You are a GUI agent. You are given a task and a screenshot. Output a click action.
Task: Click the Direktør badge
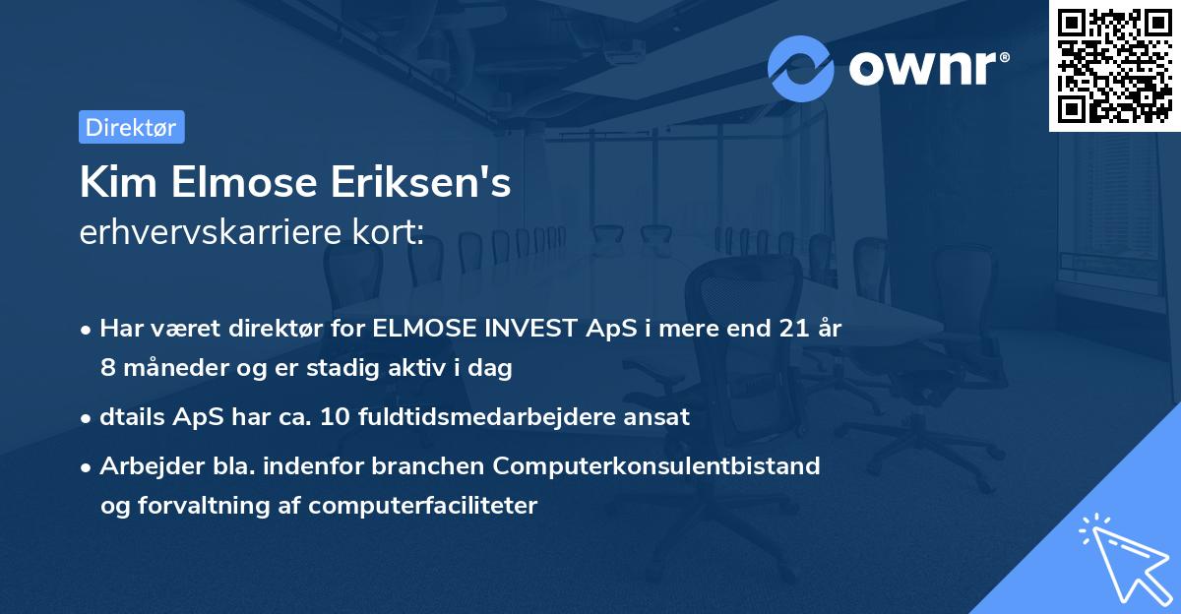131,127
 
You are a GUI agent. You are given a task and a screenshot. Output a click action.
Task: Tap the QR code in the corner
1114,65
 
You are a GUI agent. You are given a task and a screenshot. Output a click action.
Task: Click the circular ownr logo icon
801,68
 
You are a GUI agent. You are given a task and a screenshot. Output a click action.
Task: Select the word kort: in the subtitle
391,233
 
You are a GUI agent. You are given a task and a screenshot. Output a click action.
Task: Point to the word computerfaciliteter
423,506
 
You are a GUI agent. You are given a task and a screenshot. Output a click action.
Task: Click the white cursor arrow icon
1124,559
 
